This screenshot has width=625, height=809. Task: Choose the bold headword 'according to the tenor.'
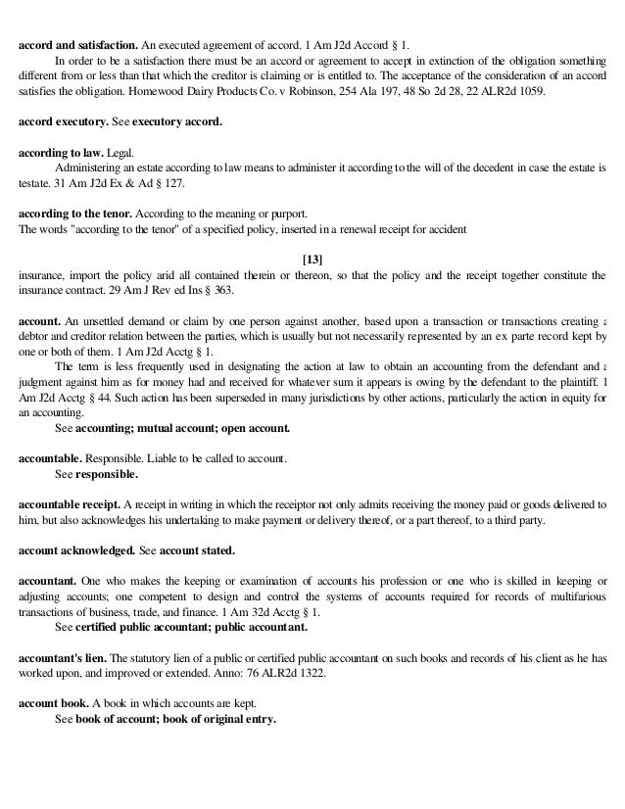75,213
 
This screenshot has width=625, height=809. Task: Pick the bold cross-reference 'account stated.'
197,551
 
